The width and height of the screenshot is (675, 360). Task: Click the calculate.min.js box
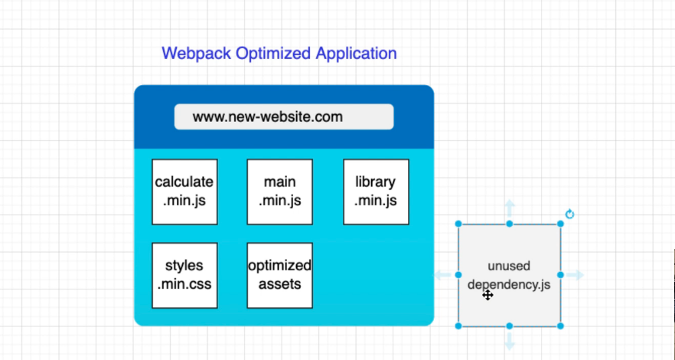184,191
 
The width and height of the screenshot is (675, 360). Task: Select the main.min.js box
280,191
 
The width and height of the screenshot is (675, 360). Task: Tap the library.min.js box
376,191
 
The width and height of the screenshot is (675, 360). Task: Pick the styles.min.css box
184,275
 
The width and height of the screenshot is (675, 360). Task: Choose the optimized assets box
280,275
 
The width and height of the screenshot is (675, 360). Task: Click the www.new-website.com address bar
284,116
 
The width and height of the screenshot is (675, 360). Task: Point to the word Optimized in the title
273,54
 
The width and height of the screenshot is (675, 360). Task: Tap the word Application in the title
356,54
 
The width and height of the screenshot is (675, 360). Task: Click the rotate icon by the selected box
569,214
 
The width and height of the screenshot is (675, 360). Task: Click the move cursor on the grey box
487,295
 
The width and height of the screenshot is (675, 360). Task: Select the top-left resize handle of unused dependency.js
458,224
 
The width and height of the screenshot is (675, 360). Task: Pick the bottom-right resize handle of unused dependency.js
560,326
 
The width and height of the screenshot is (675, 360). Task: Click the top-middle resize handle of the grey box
509,224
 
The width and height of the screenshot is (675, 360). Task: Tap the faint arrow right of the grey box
576,275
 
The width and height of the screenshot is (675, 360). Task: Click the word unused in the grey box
509,266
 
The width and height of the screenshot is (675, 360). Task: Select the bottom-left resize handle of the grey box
458,326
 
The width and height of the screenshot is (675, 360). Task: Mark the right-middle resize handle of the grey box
560,275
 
